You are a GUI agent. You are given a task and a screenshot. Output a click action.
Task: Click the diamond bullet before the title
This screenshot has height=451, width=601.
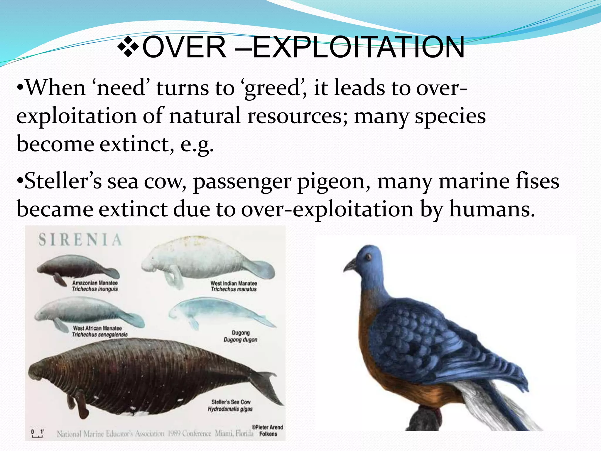128,47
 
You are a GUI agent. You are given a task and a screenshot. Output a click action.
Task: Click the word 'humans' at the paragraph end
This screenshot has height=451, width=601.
491,209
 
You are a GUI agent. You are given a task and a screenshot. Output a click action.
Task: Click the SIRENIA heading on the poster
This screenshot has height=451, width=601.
80,240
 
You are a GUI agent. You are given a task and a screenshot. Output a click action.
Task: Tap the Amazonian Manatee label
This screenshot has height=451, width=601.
95,286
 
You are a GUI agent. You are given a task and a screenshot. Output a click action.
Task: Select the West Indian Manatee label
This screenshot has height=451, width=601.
234,286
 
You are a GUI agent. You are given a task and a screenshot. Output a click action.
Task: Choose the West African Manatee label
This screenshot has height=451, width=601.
100,331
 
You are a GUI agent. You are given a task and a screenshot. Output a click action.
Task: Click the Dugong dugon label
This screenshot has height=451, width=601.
241,336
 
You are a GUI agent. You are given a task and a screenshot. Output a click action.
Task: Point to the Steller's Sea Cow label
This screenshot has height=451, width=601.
231,405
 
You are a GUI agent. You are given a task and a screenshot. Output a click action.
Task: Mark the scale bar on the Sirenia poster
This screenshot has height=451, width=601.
37,434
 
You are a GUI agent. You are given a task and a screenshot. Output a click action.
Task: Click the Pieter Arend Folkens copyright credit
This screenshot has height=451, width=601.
268,430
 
